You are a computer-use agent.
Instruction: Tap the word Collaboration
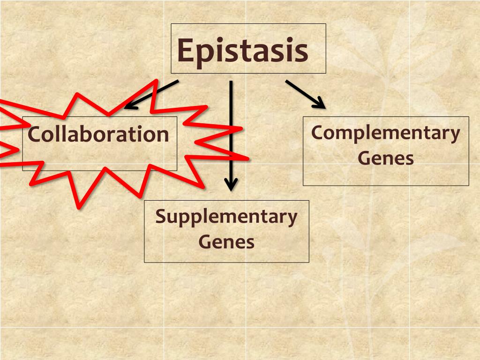pos(98,135)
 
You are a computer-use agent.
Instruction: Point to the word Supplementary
pos(226,217)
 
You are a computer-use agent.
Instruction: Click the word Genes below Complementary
pos(385,158)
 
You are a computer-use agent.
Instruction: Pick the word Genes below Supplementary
pos(226,242)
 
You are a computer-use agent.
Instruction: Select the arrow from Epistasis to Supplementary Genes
pos(231,131)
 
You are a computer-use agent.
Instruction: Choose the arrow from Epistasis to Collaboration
pos(152,94)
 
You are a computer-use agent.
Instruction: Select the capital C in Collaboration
pos(33,135)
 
